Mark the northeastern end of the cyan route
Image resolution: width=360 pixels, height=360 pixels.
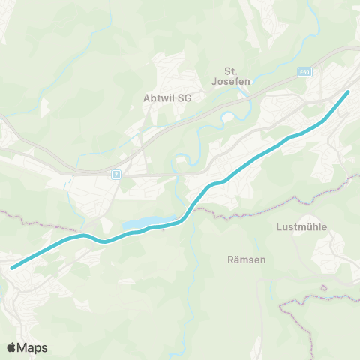[x=348, y=91]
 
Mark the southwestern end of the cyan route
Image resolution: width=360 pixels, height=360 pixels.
[x=11, y=267]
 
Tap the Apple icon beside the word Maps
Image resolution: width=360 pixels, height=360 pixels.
[x=11, y=346]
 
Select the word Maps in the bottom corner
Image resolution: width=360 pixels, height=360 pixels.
[x=32, y=347]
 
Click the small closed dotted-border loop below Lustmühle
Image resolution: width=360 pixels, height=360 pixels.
[x=324, y=287]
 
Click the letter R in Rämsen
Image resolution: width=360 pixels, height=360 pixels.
[x=229, y=259]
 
